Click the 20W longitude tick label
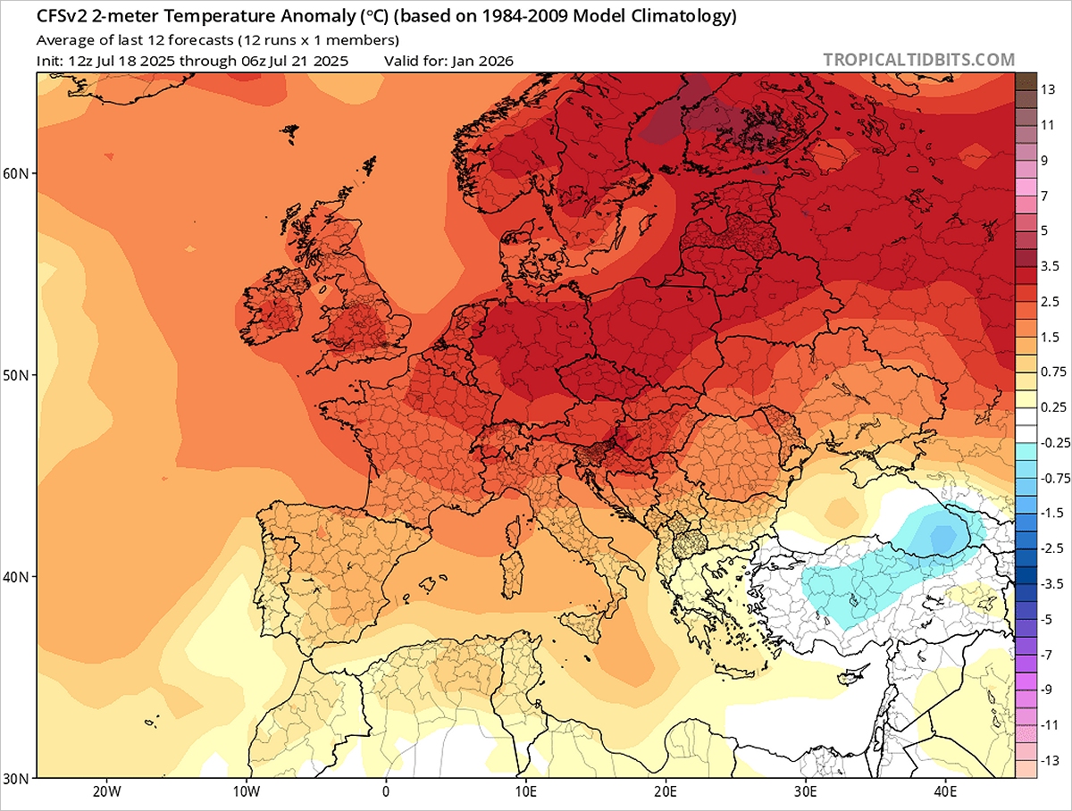click(x=105, y=790)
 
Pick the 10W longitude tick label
click(x=246, y=790)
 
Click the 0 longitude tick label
click(x=386, y=790)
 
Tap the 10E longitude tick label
click(x=525, y=790)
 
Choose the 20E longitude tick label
click(x=666, y=790)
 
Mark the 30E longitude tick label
click(x=806, y=790)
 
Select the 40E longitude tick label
click(x=946, y=790)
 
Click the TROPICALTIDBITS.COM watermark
click(x=918, y=60)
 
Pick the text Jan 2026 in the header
click(x=485, y=61)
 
